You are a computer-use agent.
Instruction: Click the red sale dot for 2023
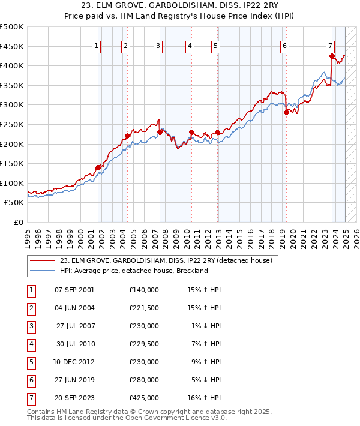click(332, 56)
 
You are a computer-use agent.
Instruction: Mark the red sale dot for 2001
click(98, 167)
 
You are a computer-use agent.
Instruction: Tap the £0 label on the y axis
click(18, 222)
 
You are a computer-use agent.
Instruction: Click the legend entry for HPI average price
click(133, 271)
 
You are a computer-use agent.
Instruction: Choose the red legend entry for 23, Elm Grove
click(166, 261)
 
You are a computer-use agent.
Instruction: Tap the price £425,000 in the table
click(143, 398)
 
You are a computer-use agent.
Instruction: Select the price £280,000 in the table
click(143, 380)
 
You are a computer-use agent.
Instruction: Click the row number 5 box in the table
click(31, 362)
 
